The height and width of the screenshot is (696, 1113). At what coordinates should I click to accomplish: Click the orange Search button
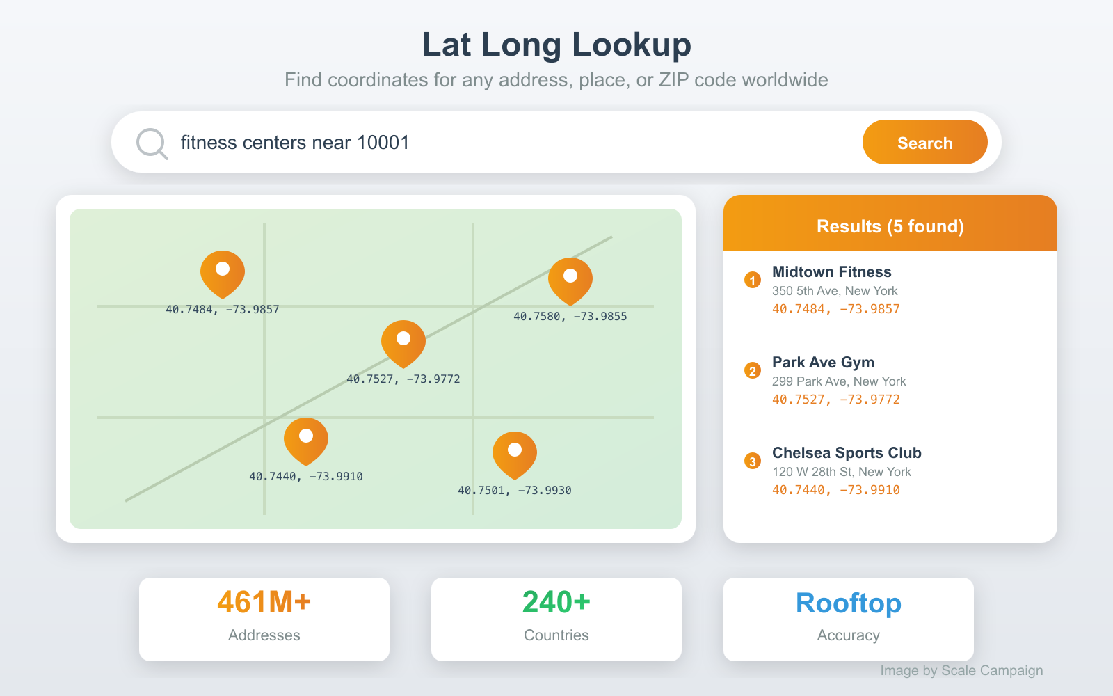924,143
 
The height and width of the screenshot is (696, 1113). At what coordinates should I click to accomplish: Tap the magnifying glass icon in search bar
151,143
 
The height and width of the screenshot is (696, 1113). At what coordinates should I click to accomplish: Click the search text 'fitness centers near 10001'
295,143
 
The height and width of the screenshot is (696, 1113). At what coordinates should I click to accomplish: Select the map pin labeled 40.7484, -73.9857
223,273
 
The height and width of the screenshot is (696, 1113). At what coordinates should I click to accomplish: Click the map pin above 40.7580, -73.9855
570,280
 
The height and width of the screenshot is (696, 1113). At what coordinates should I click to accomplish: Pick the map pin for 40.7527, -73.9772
403,342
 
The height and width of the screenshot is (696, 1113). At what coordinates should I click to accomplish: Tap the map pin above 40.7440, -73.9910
306,440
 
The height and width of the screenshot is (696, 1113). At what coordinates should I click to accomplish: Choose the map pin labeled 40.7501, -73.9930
515,454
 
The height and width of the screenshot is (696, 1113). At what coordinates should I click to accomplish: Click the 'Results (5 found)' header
890,226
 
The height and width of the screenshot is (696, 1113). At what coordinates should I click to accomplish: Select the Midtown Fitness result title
831,272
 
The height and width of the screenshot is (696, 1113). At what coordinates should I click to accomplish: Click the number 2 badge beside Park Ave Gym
752,370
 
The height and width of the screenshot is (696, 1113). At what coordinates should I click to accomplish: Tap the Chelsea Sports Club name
847,453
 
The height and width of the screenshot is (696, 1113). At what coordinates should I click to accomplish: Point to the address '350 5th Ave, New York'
835,291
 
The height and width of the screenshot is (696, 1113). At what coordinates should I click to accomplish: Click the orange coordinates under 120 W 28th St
835,490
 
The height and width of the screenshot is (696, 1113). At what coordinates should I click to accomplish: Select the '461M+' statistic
264,603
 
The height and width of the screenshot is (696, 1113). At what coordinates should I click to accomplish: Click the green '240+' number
556,603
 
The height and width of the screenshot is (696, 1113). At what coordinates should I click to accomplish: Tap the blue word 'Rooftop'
848,603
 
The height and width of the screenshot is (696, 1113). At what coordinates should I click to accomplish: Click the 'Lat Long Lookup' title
556,45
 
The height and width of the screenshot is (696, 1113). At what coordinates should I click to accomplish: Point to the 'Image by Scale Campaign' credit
961,670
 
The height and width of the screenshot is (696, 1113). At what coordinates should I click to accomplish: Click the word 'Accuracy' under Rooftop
848,635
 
